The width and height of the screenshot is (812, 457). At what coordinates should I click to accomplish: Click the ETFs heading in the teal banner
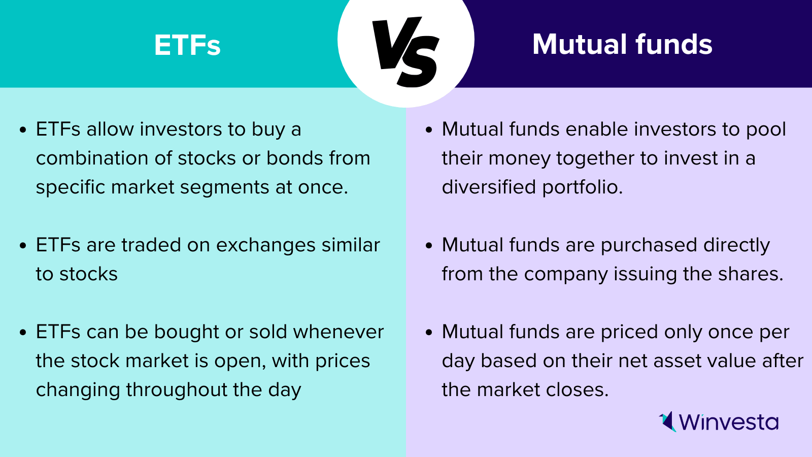pos(187,45)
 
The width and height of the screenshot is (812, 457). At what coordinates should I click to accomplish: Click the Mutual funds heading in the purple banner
pos(622,44)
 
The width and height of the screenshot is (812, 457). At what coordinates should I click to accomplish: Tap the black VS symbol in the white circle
pos(405,52)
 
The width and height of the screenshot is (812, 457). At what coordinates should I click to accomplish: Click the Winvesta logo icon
pos(667,421)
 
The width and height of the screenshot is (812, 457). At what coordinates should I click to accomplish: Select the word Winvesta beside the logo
pos(729,422)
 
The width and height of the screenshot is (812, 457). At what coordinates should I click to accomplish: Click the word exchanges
pos(266,245)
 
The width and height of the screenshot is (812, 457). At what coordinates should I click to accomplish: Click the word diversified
pos(489,187)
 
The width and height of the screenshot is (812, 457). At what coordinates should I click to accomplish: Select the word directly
pos(736,246)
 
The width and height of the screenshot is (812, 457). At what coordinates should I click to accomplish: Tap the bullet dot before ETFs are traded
pos(23,246)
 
